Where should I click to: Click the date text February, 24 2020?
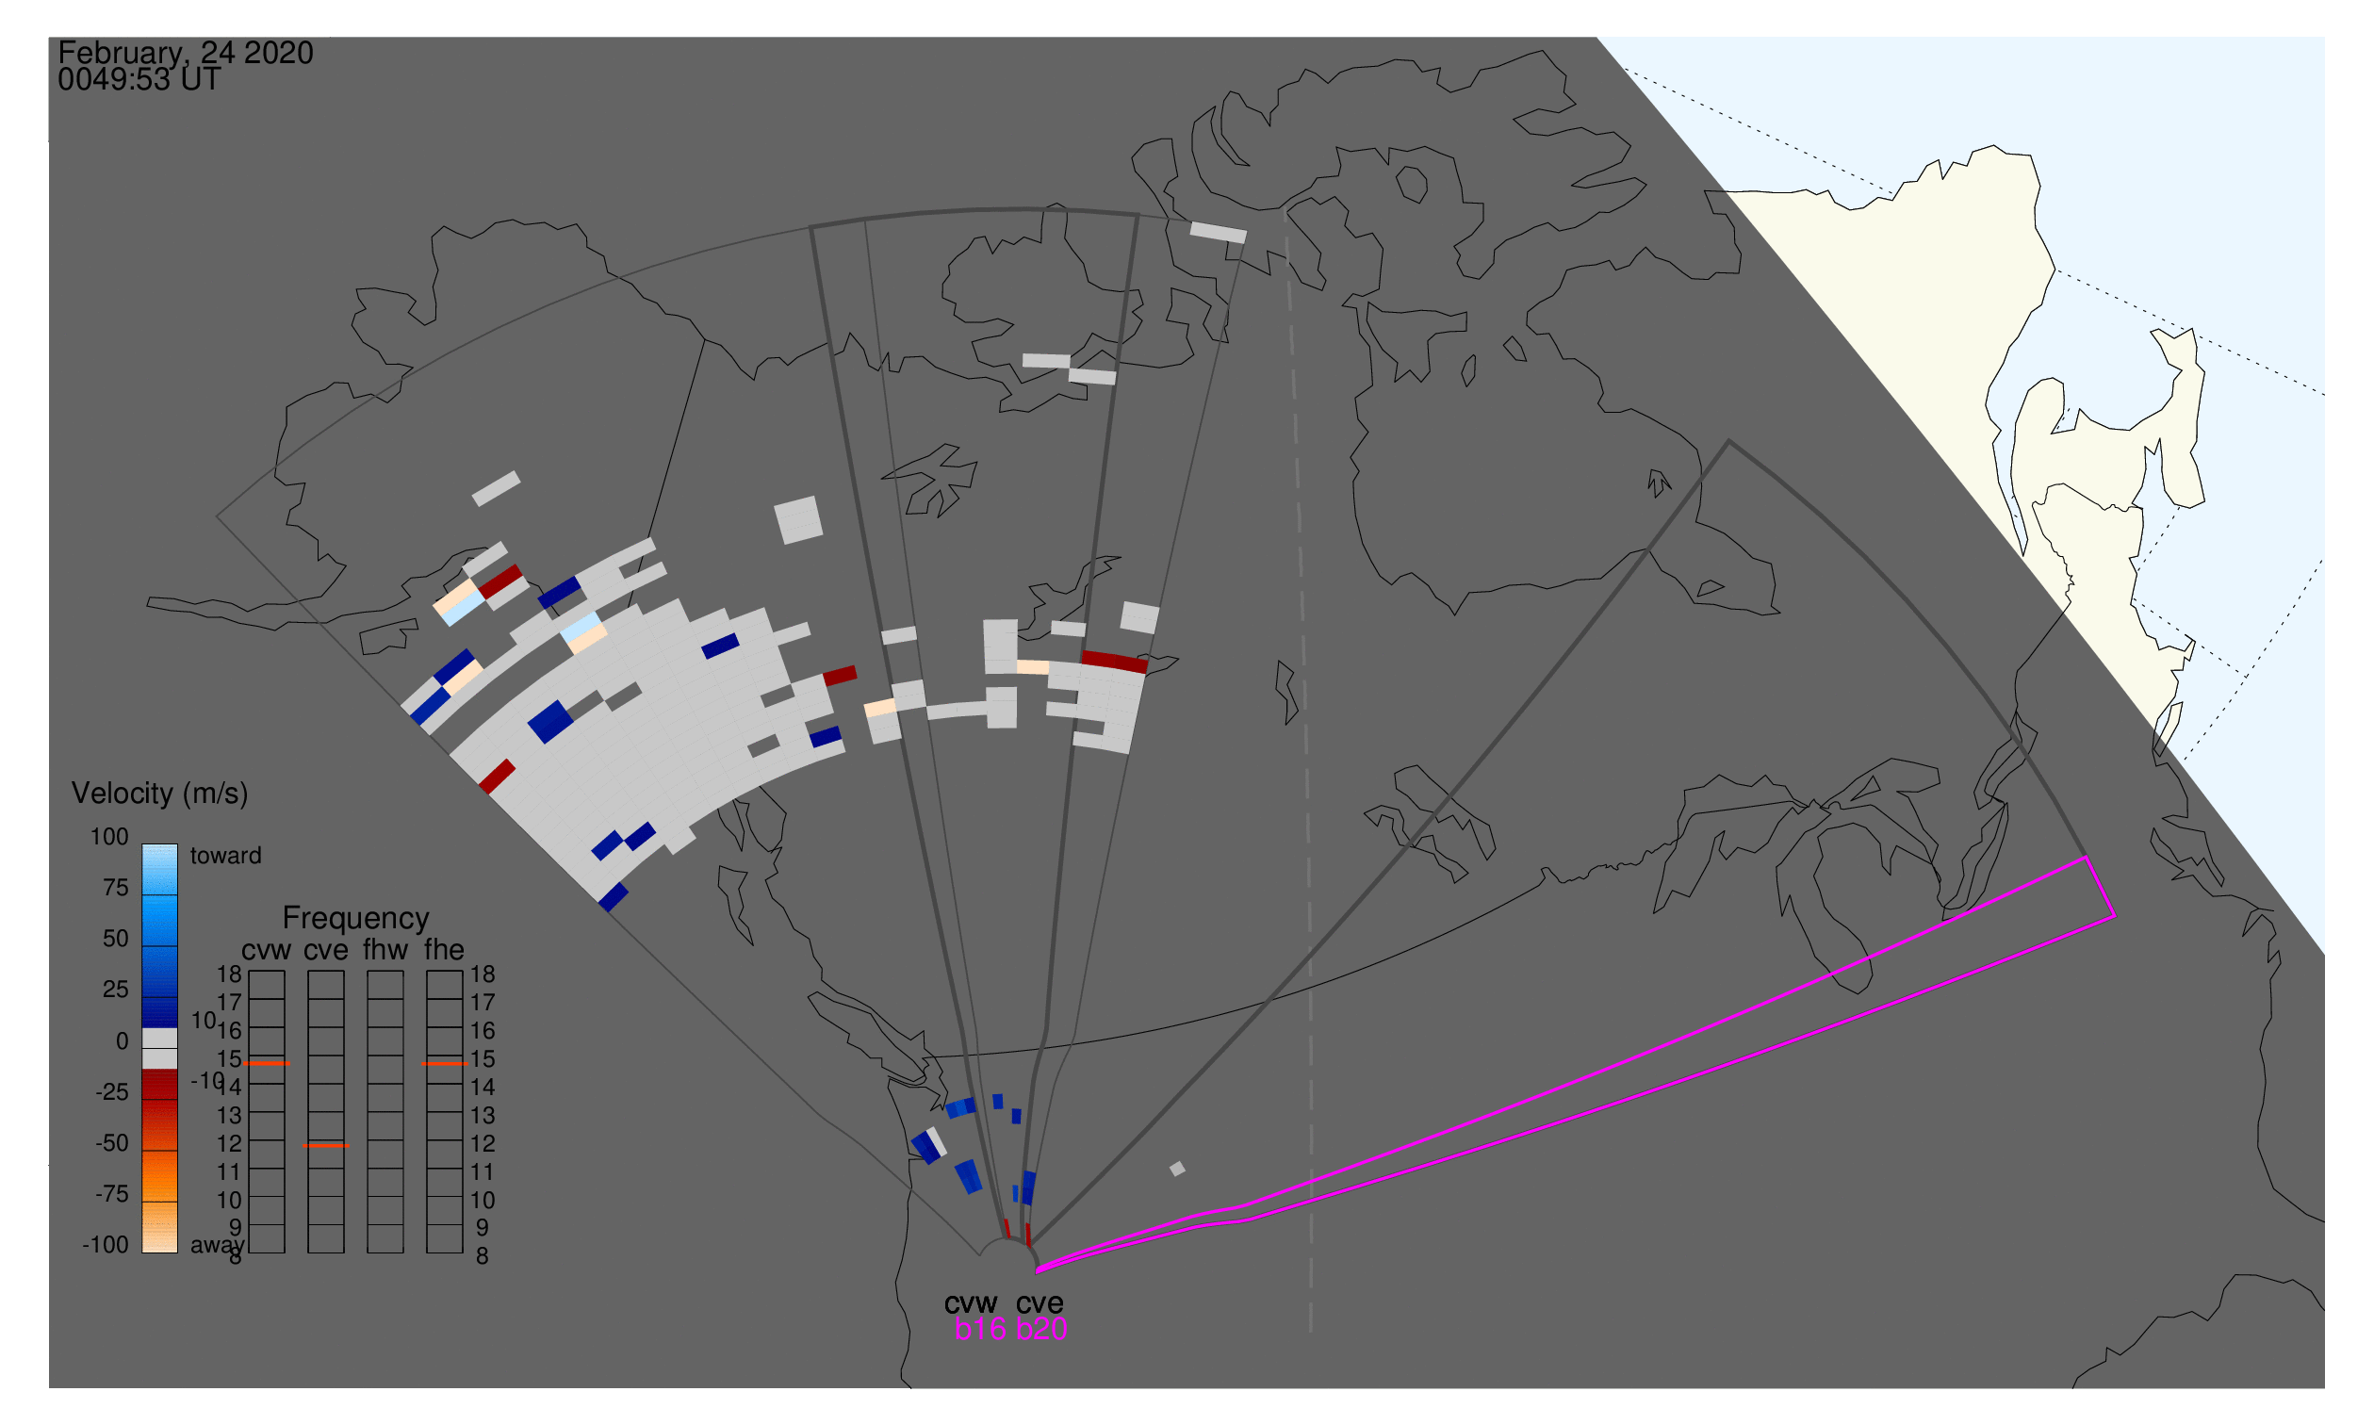[186, 53]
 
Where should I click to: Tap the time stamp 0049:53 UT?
[139, 80]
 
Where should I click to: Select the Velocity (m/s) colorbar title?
[160, 794]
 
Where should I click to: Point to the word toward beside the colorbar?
[226, 856]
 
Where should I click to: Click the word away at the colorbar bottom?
[218, 1246]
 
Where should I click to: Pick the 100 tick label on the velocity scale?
[109, 837]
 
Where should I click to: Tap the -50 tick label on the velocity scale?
[112, 1143]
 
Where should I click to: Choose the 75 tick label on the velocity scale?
[116, 888]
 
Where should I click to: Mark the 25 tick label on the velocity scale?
[116, 990]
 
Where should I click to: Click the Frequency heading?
[356, 919]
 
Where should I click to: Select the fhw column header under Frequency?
[385, 951]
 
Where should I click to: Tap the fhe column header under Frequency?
[444, 951]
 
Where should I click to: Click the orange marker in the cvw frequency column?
[267, 1065]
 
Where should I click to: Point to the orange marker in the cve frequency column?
[326, 1146]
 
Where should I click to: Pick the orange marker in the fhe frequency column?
[445, 1065]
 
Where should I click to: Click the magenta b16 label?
[980, 1330]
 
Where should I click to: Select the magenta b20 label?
[1041, 1330]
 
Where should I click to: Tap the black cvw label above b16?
[972, 1303]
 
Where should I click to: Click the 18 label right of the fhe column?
[483, 974]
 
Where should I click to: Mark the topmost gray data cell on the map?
[1219, 233]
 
